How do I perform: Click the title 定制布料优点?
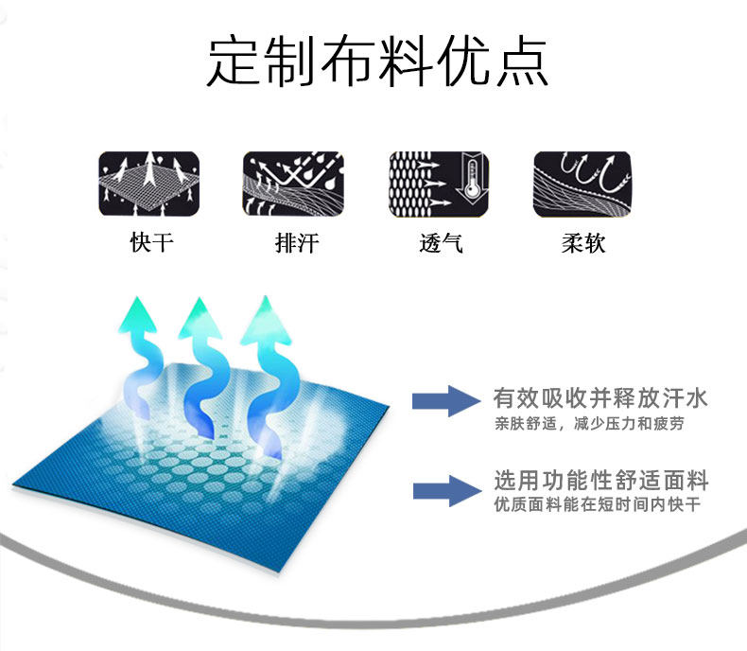tap(376, 62)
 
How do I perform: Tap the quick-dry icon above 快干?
tap(149, 183)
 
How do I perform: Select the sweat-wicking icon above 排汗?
tap(293, 183)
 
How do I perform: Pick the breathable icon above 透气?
tap(440, 183)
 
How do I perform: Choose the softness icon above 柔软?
tap(582, 183)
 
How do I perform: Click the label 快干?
tap(151, 243)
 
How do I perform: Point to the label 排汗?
tap(296, 243)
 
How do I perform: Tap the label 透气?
tap(440, 243)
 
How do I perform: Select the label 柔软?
tap(582, 243)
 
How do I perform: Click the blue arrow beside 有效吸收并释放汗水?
tap(442, 400)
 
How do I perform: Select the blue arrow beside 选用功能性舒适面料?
tap(442, 489)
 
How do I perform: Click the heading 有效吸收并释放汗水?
tap(600, 398)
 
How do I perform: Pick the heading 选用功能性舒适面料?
tap(600, 480)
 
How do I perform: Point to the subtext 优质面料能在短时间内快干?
tap(597, 504)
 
